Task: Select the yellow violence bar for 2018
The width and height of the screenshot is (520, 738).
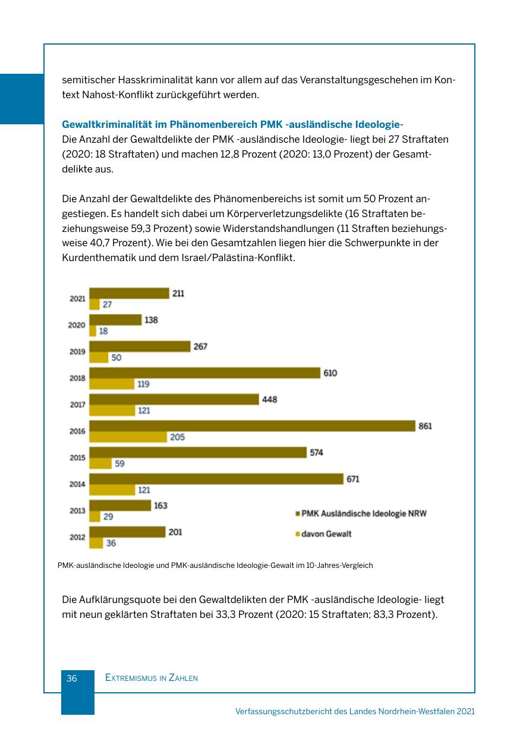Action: (112, 384)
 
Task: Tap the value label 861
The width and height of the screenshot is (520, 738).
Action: (426, 426)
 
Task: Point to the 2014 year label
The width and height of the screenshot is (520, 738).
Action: (77, 484)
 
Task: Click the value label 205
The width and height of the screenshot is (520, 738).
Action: (177, 437)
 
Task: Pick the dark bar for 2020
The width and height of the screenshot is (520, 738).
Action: (115, 320)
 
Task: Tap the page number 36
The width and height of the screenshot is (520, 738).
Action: (72, 678)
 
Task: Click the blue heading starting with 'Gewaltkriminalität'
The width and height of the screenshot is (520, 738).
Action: (232, 124)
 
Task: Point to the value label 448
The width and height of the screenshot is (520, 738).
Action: (270, 400)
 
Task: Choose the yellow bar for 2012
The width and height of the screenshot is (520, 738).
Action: (96, 543)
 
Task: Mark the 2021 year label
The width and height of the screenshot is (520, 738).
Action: (77, 299)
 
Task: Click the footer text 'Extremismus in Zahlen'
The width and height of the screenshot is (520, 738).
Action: (151, 678)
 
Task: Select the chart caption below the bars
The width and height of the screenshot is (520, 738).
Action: (215, 565)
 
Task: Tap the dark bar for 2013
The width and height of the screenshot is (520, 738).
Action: (120, 505)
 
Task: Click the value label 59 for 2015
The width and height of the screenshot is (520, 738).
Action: (119, 464)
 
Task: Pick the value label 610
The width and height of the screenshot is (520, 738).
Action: (330, 373)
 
